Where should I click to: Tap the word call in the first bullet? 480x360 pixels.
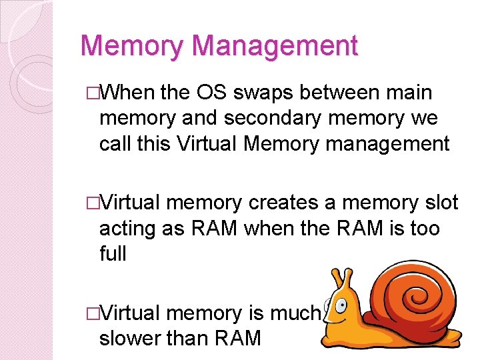tap(118, 144)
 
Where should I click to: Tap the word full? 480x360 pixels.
tap(112, 254)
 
